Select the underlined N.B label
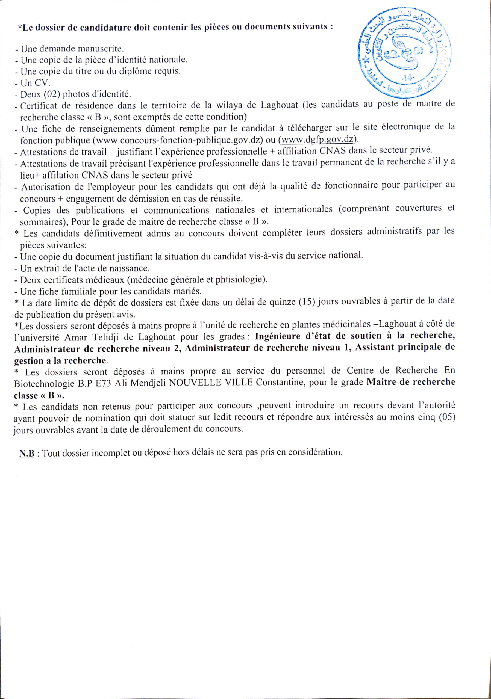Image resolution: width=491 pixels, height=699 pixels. (27, 453)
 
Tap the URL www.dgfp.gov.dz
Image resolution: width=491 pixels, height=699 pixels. (317, 140)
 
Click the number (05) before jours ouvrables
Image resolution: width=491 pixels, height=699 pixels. (446, 417)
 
